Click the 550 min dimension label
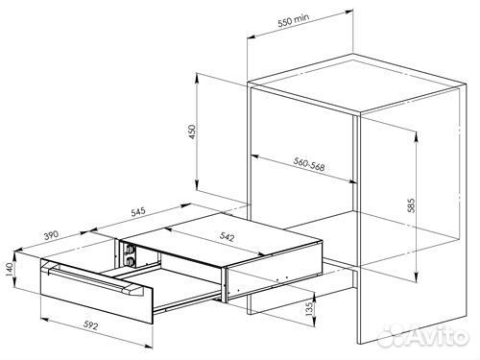click(x=294, y=20)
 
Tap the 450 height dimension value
click(x=192, y=132)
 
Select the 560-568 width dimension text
click(x=309, y=164)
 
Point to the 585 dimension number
click(x=411, y=205)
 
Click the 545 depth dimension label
click(x=138, y=212)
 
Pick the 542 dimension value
click(x=227, y=236)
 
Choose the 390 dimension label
click(x=51, y=235)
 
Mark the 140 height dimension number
click(x=9, y=269)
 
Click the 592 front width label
click(x=91, y=325)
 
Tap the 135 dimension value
click(x=309, y=309)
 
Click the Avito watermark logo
click(x=423, y=336)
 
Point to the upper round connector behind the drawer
click(x=131, y=249)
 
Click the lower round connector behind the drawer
click(x=131, y=261)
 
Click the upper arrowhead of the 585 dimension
click(x=416, y=137)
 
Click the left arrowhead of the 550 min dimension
click(x=252, y=36)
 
